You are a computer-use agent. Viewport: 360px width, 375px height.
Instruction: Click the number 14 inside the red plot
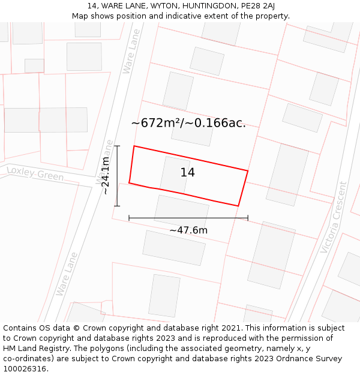tap(188, 173)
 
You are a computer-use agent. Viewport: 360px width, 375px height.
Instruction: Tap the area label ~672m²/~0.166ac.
tap(188, 123)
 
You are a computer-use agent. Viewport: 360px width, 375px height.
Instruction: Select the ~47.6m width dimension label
tap(188, 230)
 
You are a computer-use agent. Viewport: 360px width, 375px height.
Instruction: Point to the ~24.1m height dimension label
tap(106, 175)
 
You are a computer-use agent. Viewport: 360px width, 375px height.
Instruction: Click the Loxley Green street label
tap(35, 174)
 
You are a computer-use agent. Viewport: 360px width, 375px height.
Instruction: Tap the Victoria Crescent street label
tap(334, 217)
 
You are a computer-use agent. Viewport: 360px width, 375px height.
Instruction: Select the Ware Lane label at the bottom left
tap(67, 274)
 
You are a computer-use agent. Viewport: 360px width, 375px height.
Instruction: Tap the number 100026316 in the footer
tap(25, 369)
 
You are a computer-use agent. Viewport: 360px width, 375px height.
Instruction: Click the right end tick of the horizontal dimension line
tap(248, 218)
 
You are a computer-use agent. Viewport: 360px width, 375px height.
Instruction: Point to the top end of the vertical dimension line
tap(117, 146)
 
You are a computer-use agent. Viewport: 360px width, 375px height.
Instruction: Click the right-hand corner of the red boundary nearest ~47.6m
tap(238, 206)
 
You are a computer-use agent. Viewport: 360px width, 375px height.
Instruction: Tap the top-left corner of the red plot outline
tap(134, 146)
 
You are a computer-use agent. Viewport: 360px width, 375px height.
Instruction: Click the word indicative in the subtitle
tap(191, 16)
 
